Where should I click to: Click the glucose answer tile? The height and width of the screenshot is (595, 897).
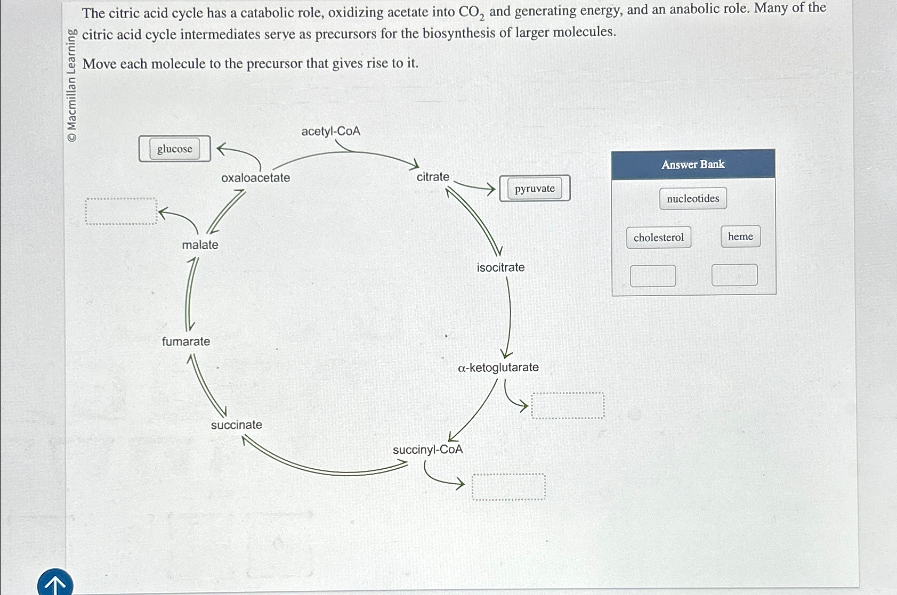pyautogui.click(x=175, y=149)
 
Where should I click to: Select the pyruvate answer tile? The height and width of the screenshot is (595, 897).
pyautogui.click(x=535, y=189)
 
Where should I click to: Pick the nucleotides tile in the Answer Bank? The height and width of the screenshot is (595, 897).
pyautogui.click(x=693, y=199)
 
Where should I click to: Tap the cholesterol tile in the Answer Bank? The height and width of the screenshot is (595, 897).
pyautogui.click(x=659, y=238)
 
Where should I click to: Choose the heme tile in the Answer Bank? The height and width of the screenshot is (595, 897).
pyautogui.click(x=740, y=237)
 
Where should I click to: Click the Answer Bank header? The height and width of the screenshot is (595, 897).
pyautogui.click(x=693, y=164)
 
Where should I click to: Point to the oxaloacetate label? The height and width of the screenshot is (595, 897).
pyautogui.click(x=255, y=178)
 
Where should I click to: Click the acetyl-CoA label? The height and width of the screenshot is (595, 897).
pyautogui.click(x=330, y=131)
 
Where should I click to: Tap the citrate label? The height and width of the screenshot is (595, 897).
pyautogui.click(x=433, y=177)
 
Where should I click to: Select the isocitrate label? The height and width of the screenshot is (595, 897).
pyautogui.click(x=500, y=267)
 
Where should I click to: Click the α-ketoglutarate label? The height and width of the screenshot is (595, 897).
pyautogui.click(x=498, y=368)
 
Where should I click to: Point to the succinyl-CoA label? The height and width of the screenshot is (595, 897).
pyautogui.click(x=428, y=450)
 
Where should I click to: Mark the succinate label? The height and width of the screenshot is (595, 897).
pyautogui.click(x=236, y=425)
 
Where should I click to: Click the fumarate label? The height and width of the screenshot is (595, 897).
pyautogui.click(x=186, y=341)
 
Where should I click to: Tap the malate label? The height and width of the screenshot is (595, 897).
pyautogui.click(x=200, y=245)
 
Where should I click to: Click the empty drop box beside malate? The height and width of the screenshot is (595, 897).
pyautogui.click(x=122, y=211)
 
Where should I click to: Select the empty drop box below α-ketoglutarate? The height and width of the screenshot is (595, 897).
pyautogui.click(x=568, y=406)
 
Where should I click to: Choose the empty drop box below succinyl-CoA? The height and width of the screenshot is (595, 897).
pyautogui.click(x=508, y=487)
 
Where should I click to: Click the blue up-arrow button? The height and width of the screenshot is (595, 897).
pyautogui.click(x=55, y=583)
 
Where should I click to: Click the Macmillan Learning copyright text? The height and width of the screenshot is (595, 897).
pyautogui.click(x=72, y=85)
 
